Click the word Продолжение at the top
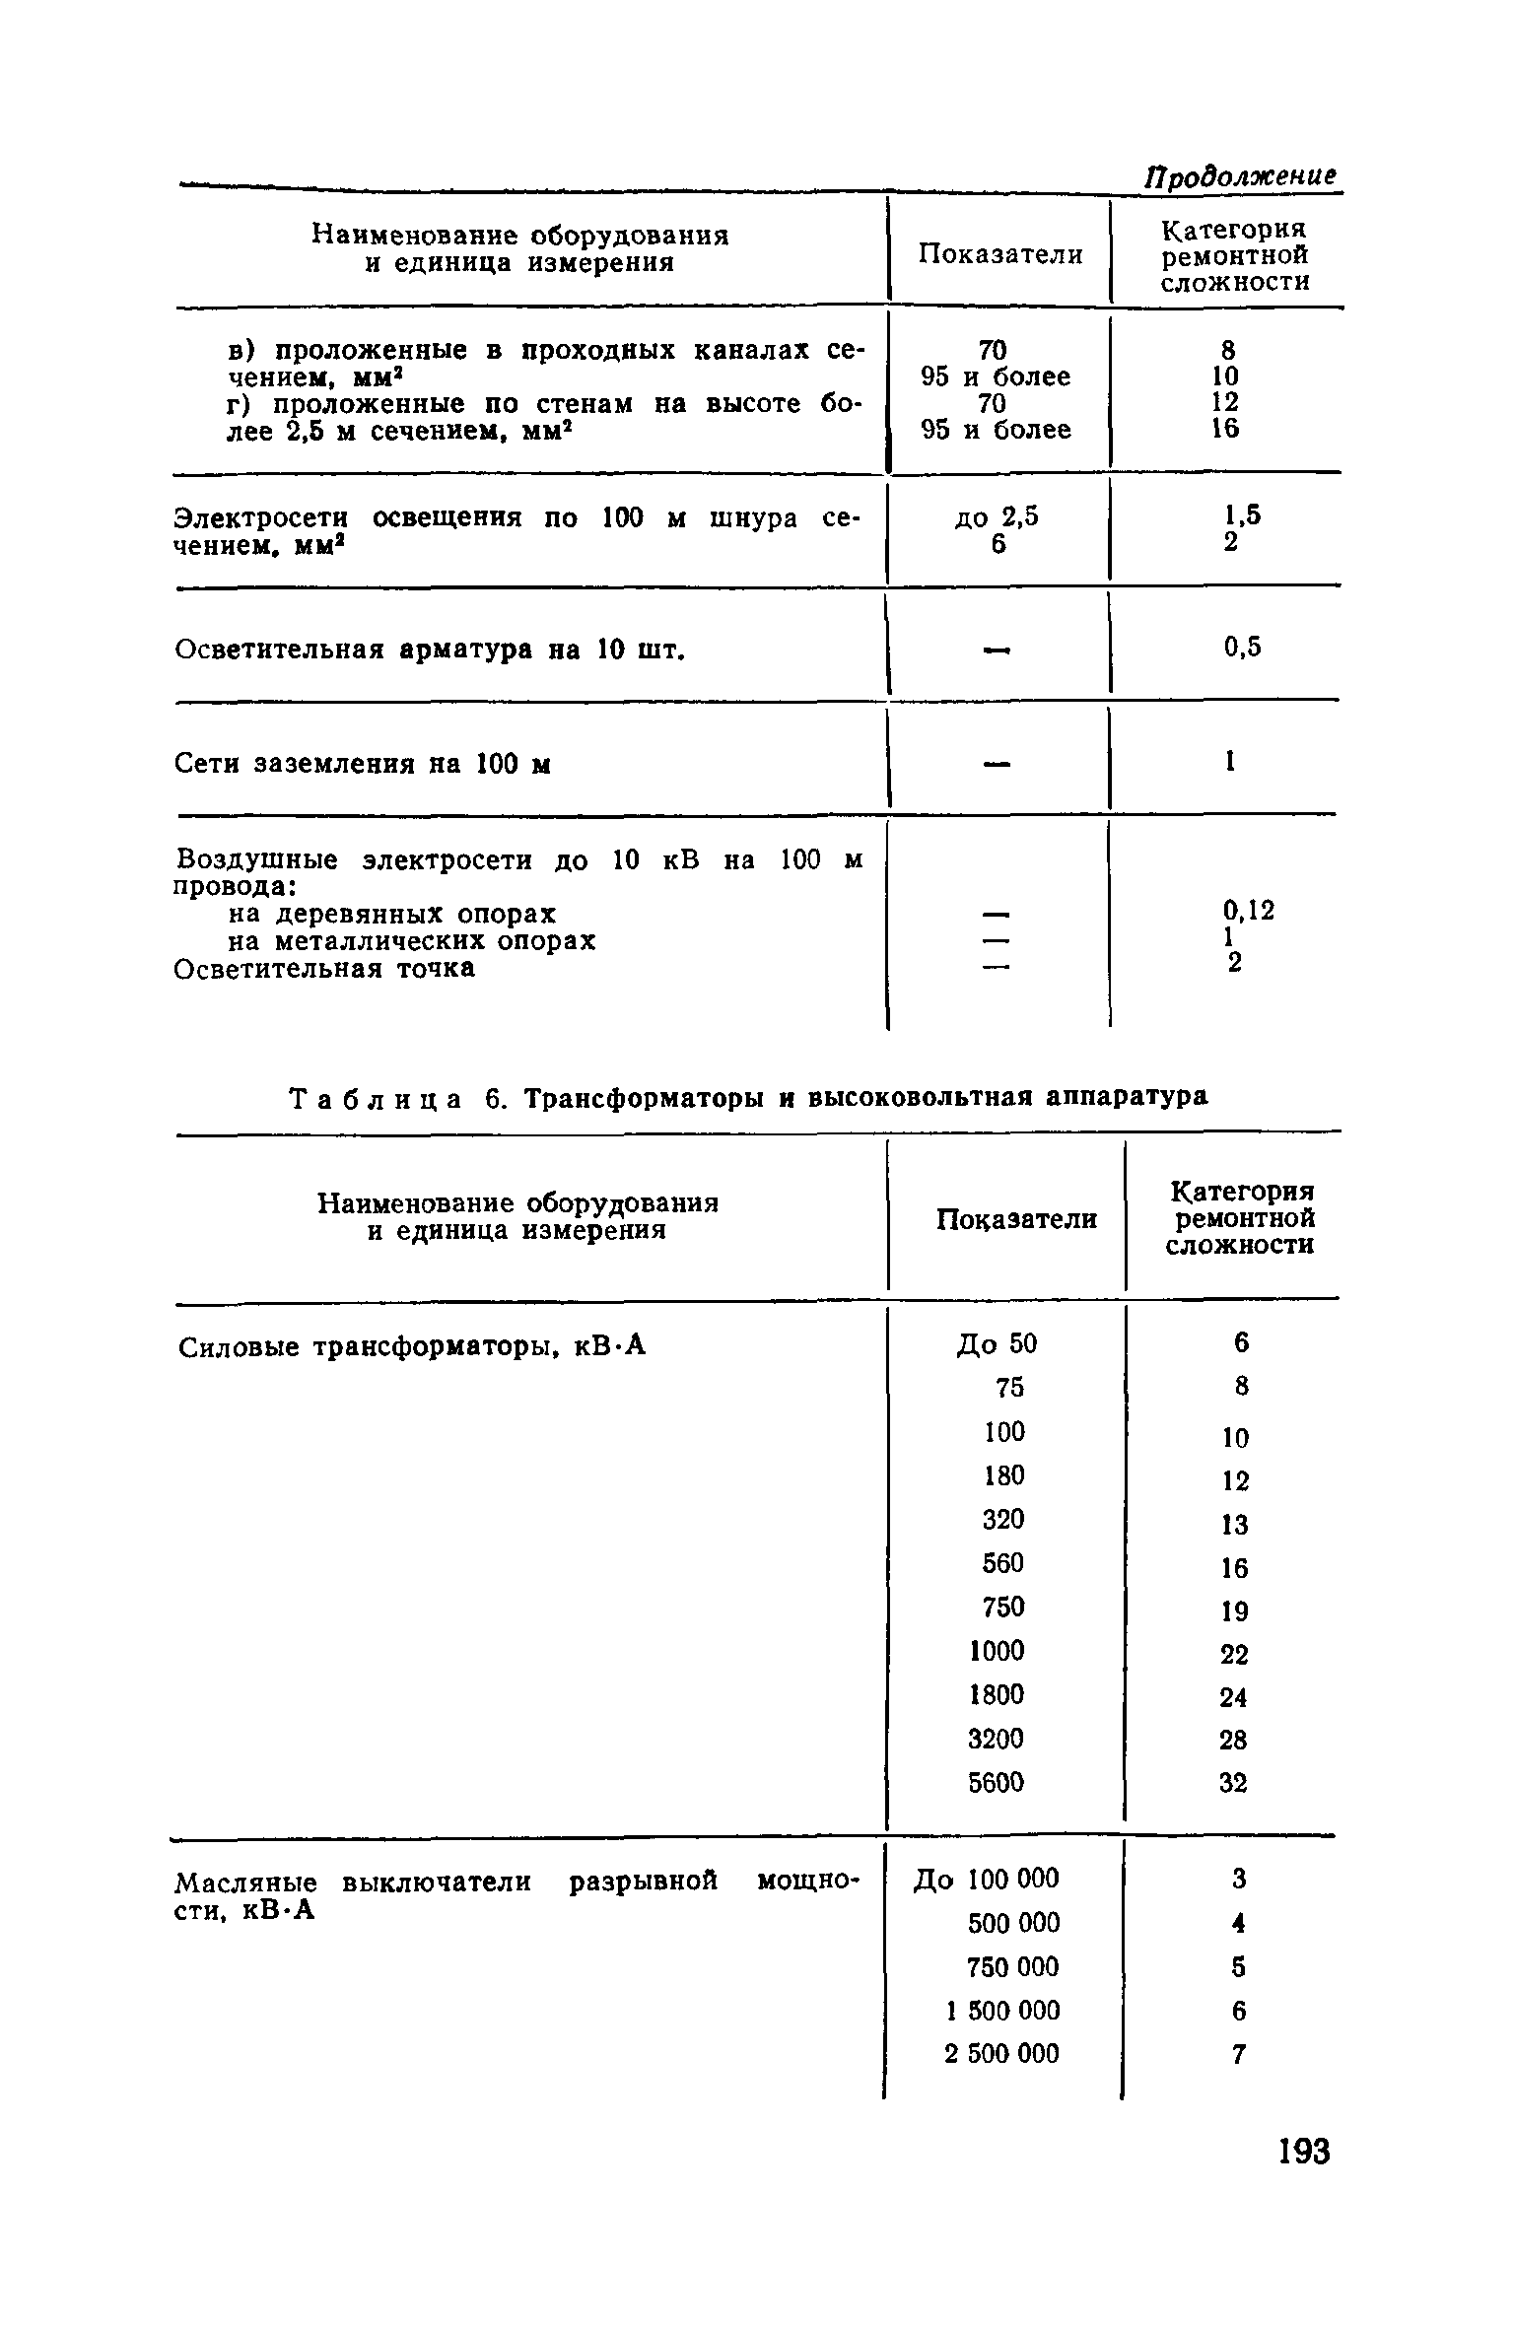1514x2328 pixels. pyautogui.click(x=1241, y=177)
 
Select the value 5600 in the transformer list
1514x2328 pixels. pyautogui.click(x=996, y=1782)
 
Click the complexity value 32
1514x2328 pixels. pyautogui.click(x=1233, y=1783)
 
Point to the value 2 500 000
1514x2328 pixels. pyautogui.click(x=1001, y=2054)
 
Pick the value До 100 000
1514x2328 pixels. pyautogui.click(x=987, y=1879)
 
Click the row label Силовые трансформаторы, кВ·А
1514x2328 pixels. pyautogui.click(x=412, y=1346)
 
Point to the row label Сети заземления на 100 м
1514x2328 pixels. pyautogui.click(x=362, y=764)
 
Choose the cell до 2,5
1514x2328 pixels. pyautogui.click(x=997, y=517)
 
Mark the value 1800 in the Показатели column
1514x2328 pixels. pyautogui.click(x=997, y=1694)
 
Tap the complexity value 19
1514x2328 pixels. pyautogui.click(x=1234, y=1611)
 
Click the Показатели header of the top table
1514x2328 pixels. pyautogui.click(x=1000, y=255)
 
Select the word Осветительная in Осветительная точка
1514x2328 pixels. pyautogui.click(x=278, y=969)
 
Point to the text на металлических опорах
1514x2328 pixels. pyautogui.click(x=405, y=941)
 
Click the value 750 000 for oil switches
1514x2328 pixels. pyautogui.click(x=1012, y=1966)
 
